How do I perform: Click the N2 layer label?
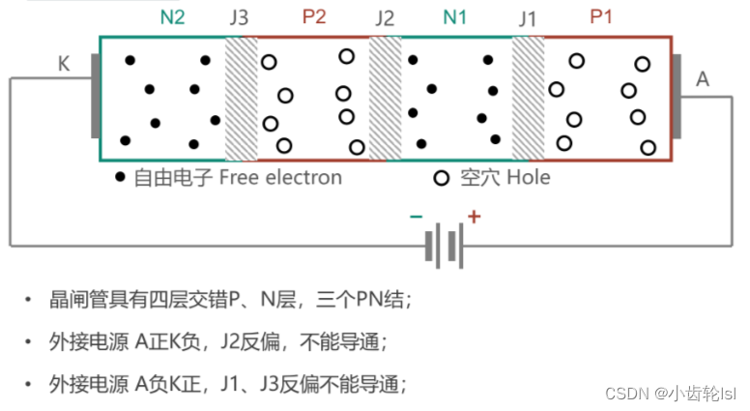[x=173, y=17]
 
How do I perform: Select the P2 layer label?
[x=314, y=17]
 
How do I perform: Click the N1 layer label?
[x=454, y=17]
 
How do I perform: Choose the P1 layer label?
[x=601, y=17]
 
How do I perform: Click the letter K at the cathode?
[x=64, y=65]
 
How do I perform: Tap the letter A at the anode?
[x=703, y=79]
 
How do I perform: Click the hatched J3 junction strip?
[x=242, y=98]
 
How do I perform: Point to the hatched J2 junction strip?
[x=385, y=98]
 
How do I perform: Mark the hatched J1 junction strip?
[x=528, y=98]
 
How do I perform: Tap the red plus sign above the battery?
[x=474, y=217]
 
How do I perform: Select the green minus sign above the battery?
[x=416, y=217]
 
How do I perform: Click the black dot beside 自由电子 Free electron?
[x=120, y=178]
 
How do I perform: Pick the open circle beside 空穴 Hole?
[x=442, y=178]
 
